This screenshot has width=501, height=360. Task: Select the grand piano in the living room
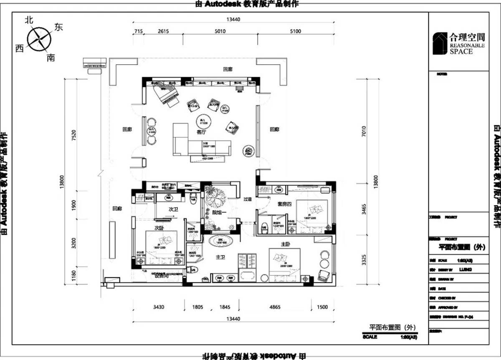pos(166,94)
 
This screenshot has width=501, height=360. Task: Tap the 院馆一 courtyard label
pos(218,213)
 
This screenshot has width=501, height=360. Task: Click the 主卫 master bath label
pos(220,258)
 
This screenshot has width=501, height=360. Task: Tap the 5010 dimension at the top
pos(220,31)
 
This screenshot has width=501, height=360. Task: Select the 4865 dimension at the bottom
pos(275,307)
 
